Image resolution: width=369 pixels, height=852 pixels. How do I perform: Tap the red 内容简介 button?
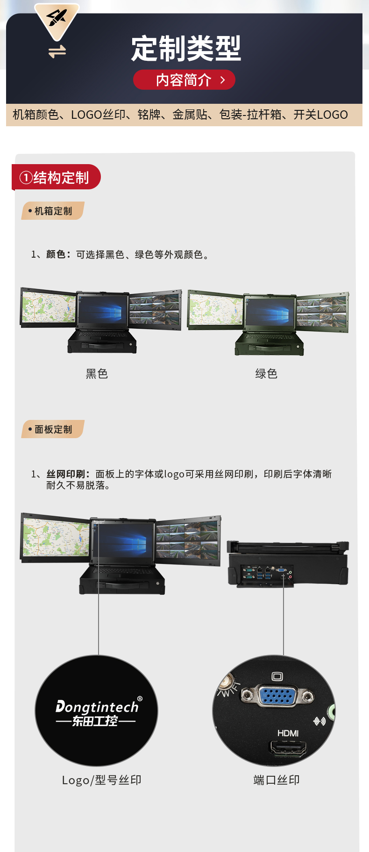pyautogui.click(x=184, y=80)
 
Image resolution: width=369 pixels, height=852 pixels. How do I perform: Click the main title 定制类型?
pyautogui.click(x=185, y=49)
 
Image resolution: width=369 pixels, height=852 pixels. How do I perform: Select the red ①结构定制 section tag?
pyautogui.click(x=55, y=178)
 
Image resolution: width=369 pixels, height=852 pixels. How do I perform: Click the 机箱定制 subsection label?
pyautogui.click(x=53, y=211)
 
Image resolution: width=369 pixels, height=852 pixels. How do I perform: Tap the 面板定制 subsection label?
pyautogui.click(x=53, y=429)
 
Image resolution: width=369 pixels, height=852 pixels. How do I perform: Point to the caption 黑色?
pyautogui.click(x=97, y=374)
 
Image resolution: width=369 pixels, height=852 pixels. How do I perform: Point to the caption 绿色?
pyautogui.click(x=266, y=374)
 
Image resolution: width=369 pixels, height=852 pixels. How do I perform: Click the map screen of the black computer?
pyautogui.click(x=49, y=307)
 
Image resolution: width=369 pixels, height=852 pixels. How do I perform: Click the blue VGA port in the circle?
pyautogui.click(x=277, y=695)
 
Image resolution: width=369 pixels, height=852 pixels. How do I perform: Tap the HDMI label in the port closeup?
pyautogui.click(x=288, y=733)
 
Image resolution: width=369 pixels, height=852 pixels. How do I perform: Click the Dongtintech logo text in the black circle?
pyautogui.click(x=97, y=707)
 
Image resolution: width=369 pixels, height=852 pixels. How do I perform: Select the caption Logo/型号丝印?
pyautogui.click(x=101, y=780)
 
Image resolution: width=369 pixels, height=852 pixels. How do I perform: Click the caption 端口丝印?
pyautogui.click(x=277, y=780)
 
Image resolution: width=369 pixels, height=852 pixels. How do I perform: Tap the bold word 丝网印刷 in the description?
pyautogui.click(x=65, y=474)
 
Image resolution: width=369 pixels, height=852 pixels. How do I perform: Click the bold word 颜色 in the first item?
pyautogui.click(x=56, y=254)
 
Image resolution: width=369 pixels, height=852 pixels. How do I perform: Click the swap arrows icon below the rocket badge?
pyautogui.click(x=57, y=51)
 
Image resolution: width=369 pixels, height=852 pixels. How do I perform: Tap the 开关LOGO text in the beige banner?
pyautogui.click(x=320, y=115)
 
